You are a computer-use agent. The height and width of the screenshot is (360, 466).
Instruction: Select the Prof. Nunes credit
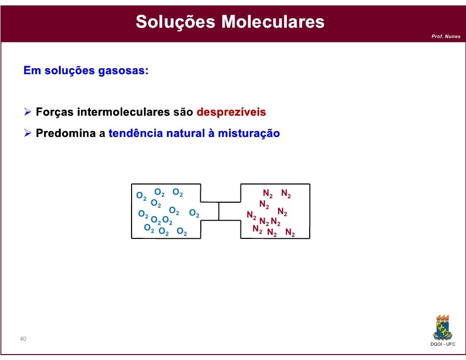coord(446,37)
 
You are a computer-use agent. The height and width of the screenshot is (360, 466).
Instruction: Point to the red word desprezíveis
coord(231,112)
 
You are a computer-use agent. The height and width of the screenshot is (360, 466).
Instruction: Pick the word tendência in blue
coord(131,134)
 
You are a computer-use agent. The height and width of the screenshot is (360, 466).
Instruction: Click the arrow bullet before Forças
coord(28,112)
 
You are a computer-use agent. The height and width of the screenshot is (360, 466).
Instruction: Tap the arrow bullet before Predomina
coord(28,134)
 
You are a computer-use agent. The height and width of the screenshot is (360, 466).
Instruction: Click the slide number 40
coord(23,339)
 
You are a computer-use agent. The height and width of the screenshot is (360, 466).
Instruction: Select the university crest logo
coord(443,326)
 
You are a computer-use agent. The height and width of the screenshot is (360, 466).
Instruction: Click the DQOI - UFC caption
coord(443,344)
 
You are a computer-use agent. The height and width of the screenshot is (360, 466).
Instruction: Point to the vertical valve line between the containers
coord(219,211)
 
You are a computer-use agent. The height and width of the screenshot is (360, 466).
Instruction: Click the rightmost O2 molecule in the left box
coord(194,215)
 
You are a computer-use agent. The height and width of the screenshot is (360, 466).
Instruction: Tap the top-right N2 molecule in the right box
coord(286,194)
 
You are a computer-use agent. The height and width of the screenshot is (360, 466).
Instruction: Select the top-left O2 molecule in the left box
coord(141,196)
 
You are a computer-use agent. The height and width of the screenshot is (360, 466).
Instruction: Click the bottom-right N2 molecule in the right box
coord(290,233)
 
